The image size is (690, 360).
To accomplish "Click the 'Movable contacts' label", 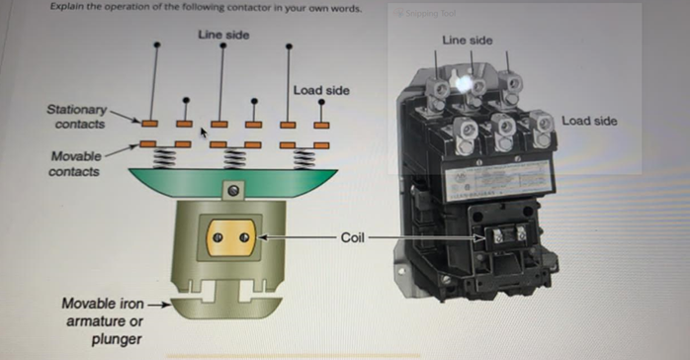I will click(x=75, y=165).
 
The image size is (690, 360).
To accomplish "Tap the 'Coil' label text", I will click(x=353, y=237).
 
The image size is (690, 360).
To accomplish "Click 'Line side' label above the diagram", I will click(x=222, y=35).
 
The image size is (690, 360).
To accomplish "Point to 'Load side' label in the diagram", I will click(x=321, y=91).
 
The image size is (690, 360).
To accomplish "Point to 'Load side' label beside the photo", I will click(x=589, y=121).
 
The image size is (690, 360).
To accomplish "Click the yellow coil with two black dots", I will click(x=233, y=238).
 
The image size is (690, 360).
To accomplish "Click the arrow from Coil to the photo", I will click(x=425, y=238).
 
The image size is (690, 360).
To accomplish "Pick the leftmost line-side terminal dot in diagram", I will click(x=157, y=45).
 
